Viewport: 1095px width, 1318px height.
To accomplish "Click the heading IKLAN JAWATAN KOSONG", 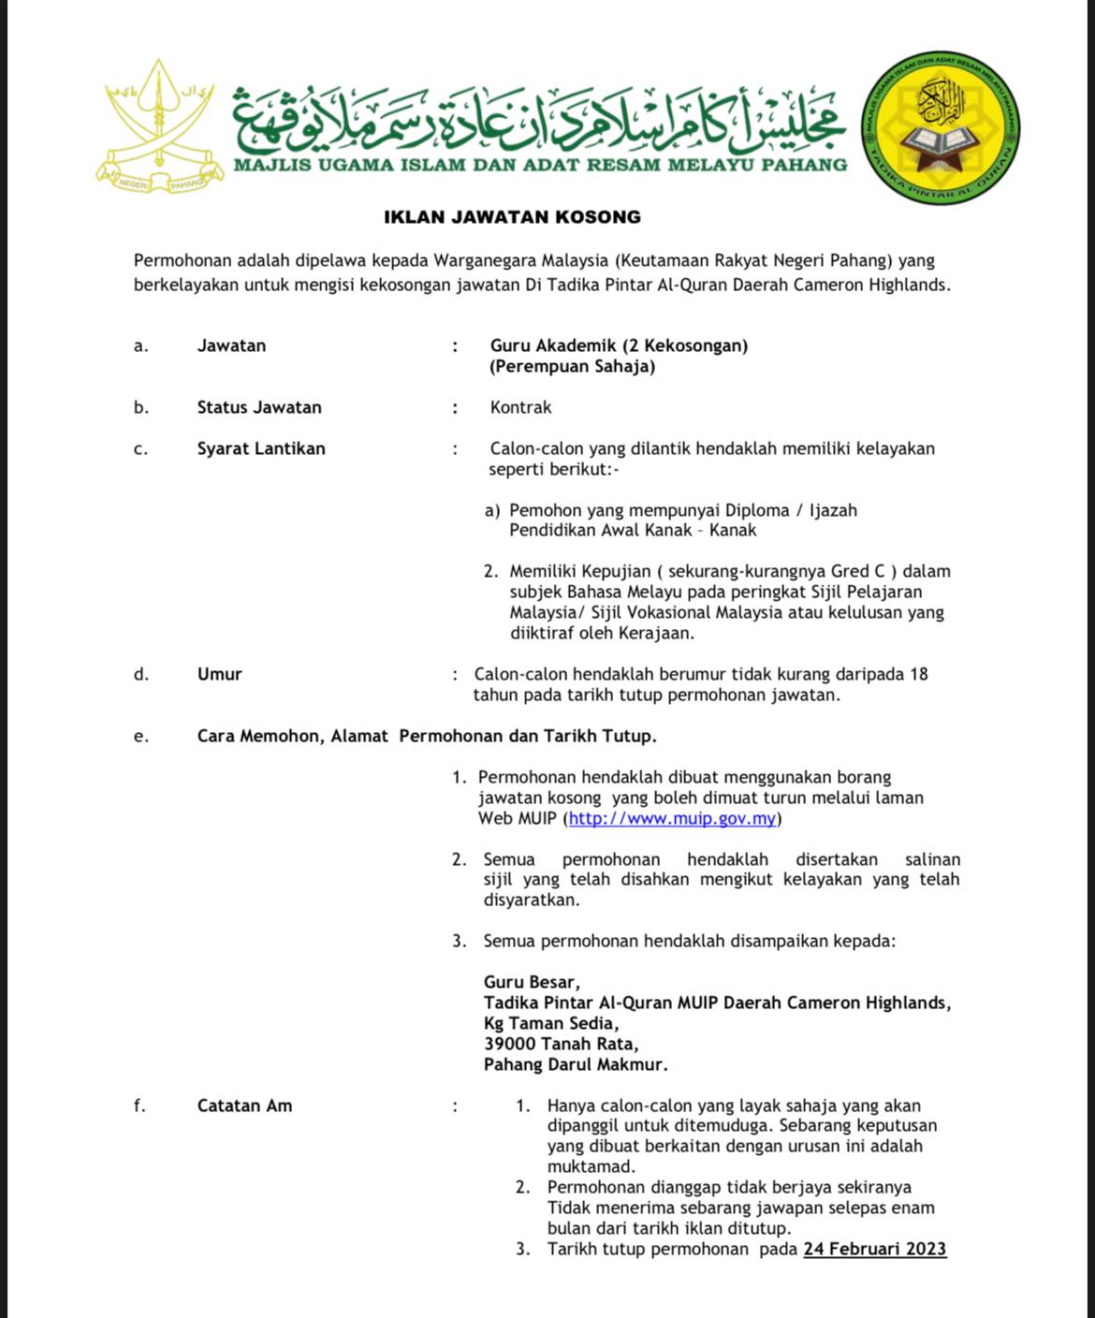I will point(512,217).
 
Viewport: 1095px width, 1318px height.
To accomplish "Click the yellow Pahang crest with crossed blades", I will point(160,126).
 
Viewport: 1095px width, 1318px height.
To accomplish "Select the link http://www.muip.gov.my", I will point(672,819).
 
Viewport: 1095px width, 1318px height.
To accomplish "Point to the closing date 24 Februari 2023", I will point(874,1249).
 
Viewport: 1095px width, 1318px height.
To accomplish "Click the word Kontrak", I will point(520,407).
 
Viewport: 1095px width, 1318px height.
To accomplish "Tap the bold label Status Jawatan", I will point(259,407).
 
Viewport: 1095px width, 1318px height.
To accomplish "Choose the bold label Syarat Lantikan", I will point(261,448).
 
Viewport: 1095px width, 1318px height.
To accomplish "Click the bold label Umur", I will point(219,674).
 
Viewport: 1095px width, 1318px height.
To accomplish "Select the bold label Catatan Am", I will point(244,1106).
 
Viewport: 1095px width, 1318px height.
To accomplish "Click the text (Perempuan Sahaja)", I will point(572,366).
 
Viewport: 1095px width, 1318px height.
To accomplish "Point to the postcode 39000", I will point(510,1044).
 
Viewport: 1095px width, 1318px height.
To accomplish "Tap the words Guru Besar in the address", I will point(531,982).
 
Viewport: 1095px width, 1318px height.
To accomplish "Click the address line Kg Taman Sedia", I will point(550,1023).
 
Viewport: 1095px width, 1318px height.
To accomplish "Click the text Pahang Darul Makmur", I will point(576,1064).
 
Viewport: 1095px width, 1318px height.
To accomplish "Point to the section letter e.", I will point(140,736).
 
